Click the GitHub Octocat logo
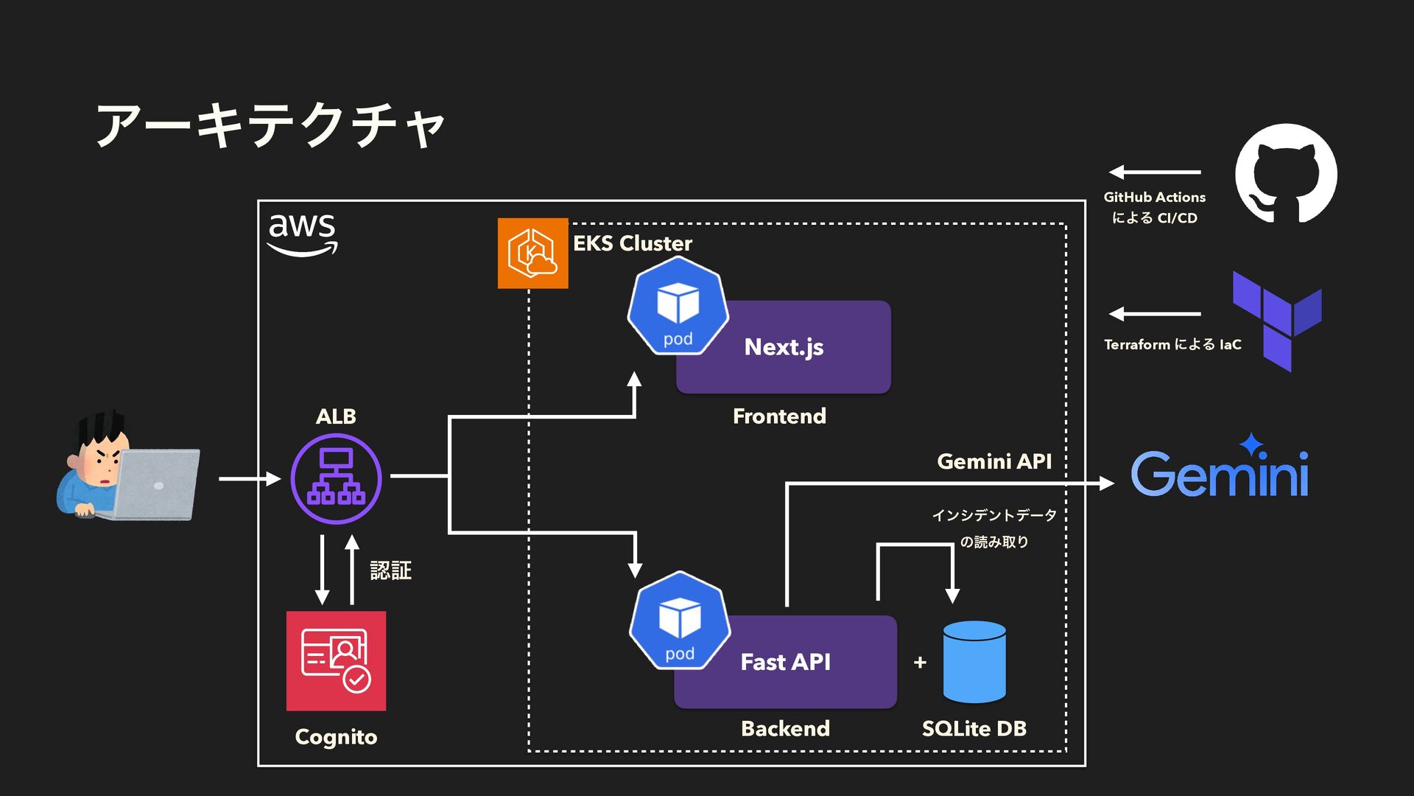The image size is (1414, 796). coord(1286,173)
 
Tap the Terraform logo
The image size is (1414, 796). coord(1277,320)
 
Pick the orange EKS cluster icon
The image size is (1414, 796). coord(532,253)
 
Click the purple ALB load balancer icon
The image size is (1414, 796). coord(336,478)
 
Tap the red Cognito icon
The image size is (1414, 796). coord(336,660)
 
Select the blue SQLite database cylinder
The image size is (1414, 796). coord(974,661)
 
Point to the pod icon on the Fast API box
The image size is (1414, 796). coord(680,621)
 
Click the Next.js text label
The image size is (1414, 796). coord(784,347)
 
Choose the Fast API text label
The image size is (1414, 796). coord(785,662)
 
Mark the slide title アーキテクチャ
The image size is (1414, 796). coord(270,125)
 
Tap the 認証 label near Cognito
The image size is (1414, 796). coord(390,570)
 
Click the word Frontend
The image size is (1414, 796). coord(779,416)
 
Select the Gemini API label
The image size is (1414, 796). coord(993,461)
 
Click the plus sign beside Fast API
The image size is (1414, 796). coord(920,663)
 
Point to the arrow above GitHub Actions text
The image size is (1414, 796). coord(1154,172)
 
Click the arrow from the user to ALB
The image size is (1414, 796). coord(249,479)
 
